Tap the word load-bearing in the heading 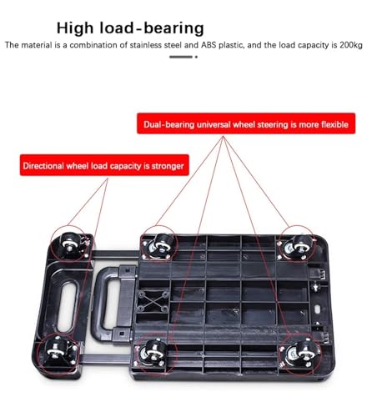coord(152,28)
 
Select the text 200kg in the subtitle coord(351,45)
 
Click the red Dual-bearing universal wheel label coord(246,123)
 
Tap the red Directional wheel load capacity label coord(104,165)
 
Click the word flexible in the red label coord(334,124)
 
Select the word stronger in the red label coord(168,166)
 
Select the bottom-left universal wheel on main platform coord(152,352)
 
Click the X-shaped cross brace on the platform coord(153,301)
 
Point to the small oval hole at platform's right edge coord(318,309)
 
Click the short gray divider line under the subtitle coord(181,57)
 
